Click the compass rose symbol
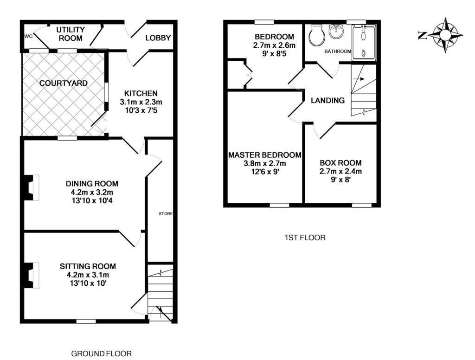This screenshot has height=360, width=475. click(445, 35)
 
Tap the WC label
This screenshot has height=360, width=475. click(28, 36)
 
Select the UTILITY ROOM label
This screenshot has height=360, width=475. click(71, 34)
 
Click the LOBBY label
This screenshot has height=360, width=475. click(158, 38)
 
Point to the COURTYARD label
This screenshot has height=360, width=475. click(63, 83)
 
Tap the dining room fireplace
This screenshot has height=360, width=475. click(31, 187)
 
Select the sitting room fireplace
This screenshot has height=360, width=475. click(31, 275)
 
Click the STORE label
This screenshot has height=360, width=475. click(166, 214)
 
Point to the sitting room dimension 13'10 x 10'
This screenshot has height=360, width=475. click(88, 283)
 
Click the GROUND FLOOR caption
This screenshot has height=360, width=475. click(102, 354)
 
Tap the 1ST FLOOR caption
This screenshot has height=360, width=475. click(305, 238)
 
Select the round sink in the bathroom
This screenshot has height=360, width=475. click(336, 31)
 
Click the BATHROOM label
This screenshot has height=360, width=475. click(338, 51)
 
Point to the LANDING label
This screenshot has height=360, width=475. click(328, 100)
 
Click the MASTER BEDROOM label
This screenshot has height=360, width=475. click(265, 155)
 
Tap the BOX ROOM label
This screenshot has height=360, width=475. click(340, 163)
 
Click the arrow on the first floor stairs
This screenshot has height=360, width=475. click(359, 79)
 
